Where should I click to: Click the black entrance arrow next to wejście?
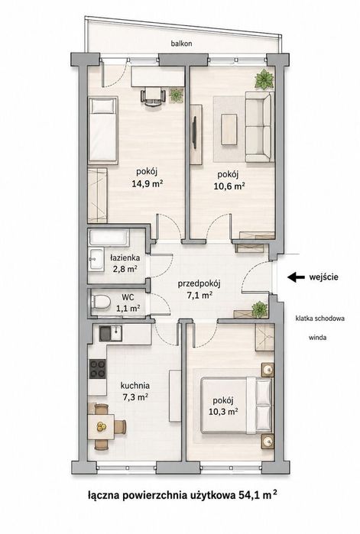296,277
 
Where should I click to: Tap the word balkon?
182,44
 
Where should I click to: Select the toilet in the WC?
101,302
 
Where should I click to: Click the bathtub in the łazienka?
109,238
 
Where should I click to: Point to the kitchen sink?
111,333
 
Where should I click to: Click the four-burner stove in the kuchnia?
97,369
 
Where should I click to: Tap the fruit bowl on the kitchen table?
101,426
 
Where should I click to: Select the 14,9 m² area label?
148,184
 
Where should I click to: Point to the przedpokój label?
199,283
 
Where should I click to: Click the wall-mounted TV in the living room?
195,133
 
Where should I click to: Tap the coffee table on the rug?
229,129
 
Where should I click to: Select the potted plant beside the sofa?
264,79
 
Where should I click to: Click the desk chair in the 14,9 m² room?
153,96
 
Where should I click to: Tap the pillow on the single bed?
102,107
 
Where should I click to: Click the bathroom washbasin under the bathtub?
96,260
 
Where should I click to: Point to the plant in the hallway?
260,309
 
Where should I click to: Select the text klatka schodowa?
320,319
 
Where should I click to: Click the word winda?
317,338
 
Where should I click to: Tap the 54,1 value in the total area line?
247,495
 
